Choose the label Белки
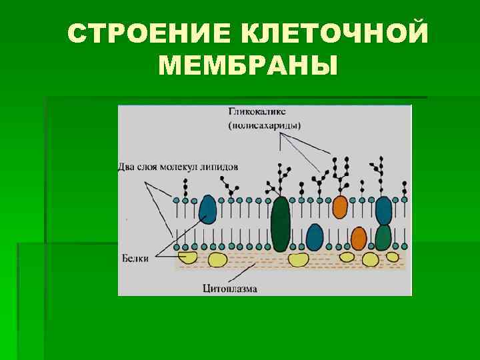coord(135,257)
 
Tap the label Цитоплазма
coord(229,289)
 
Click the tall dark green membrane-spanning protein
coord(281,223)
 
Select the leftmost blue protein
coord(208,208)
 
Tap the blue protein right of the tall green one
coord(315,237)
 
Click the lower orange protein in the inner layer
coord(359,238)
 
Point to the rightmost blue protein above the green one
coord(383,210)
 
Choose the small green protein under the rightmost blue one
coord(383,237)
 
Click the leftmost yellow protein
coord(187,257)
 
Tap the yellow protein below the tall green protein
coord(297,259)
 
